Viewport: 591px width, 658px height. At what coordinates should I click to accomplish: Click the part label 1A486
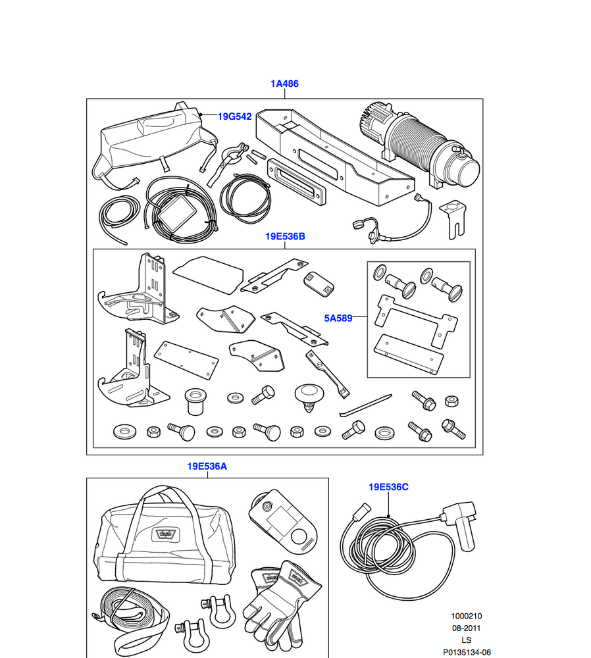point(284,84)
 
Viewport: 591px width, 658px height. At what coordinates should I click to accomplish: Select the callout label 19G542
point(235,116)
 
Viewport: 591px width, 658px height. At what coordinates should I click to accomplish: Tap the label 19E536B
point(285,236)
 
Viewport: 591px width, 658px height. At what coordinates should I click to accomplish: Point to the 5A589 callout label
point(338,318)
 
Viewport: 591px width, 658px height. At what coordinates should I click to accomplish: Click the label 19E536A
point(207,466)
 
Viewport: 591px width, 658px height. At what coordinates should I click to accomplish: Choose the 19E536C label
point(388,487)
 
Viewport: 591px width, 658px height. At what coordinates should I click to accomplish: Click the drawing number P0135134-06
point(467,651)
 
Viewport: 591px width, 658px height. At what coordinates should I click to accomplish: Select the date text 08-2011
point(467,628)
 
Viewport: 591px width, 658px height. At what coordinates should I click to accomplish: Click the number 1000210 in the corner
point(467,616)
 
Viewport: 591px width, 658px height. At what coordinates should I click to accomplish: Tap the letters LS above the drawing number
point(467,640)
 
